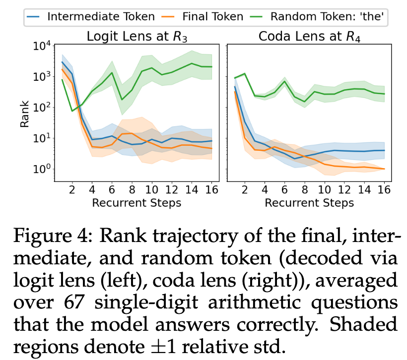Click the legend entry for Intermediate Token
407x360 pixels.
point(92,16)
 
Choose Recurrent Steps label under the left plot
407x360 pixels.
point(136,202)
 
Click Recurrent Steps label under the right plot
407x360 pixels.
point(309,202)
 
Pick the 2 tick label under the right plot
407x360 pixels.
point(244,189)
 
